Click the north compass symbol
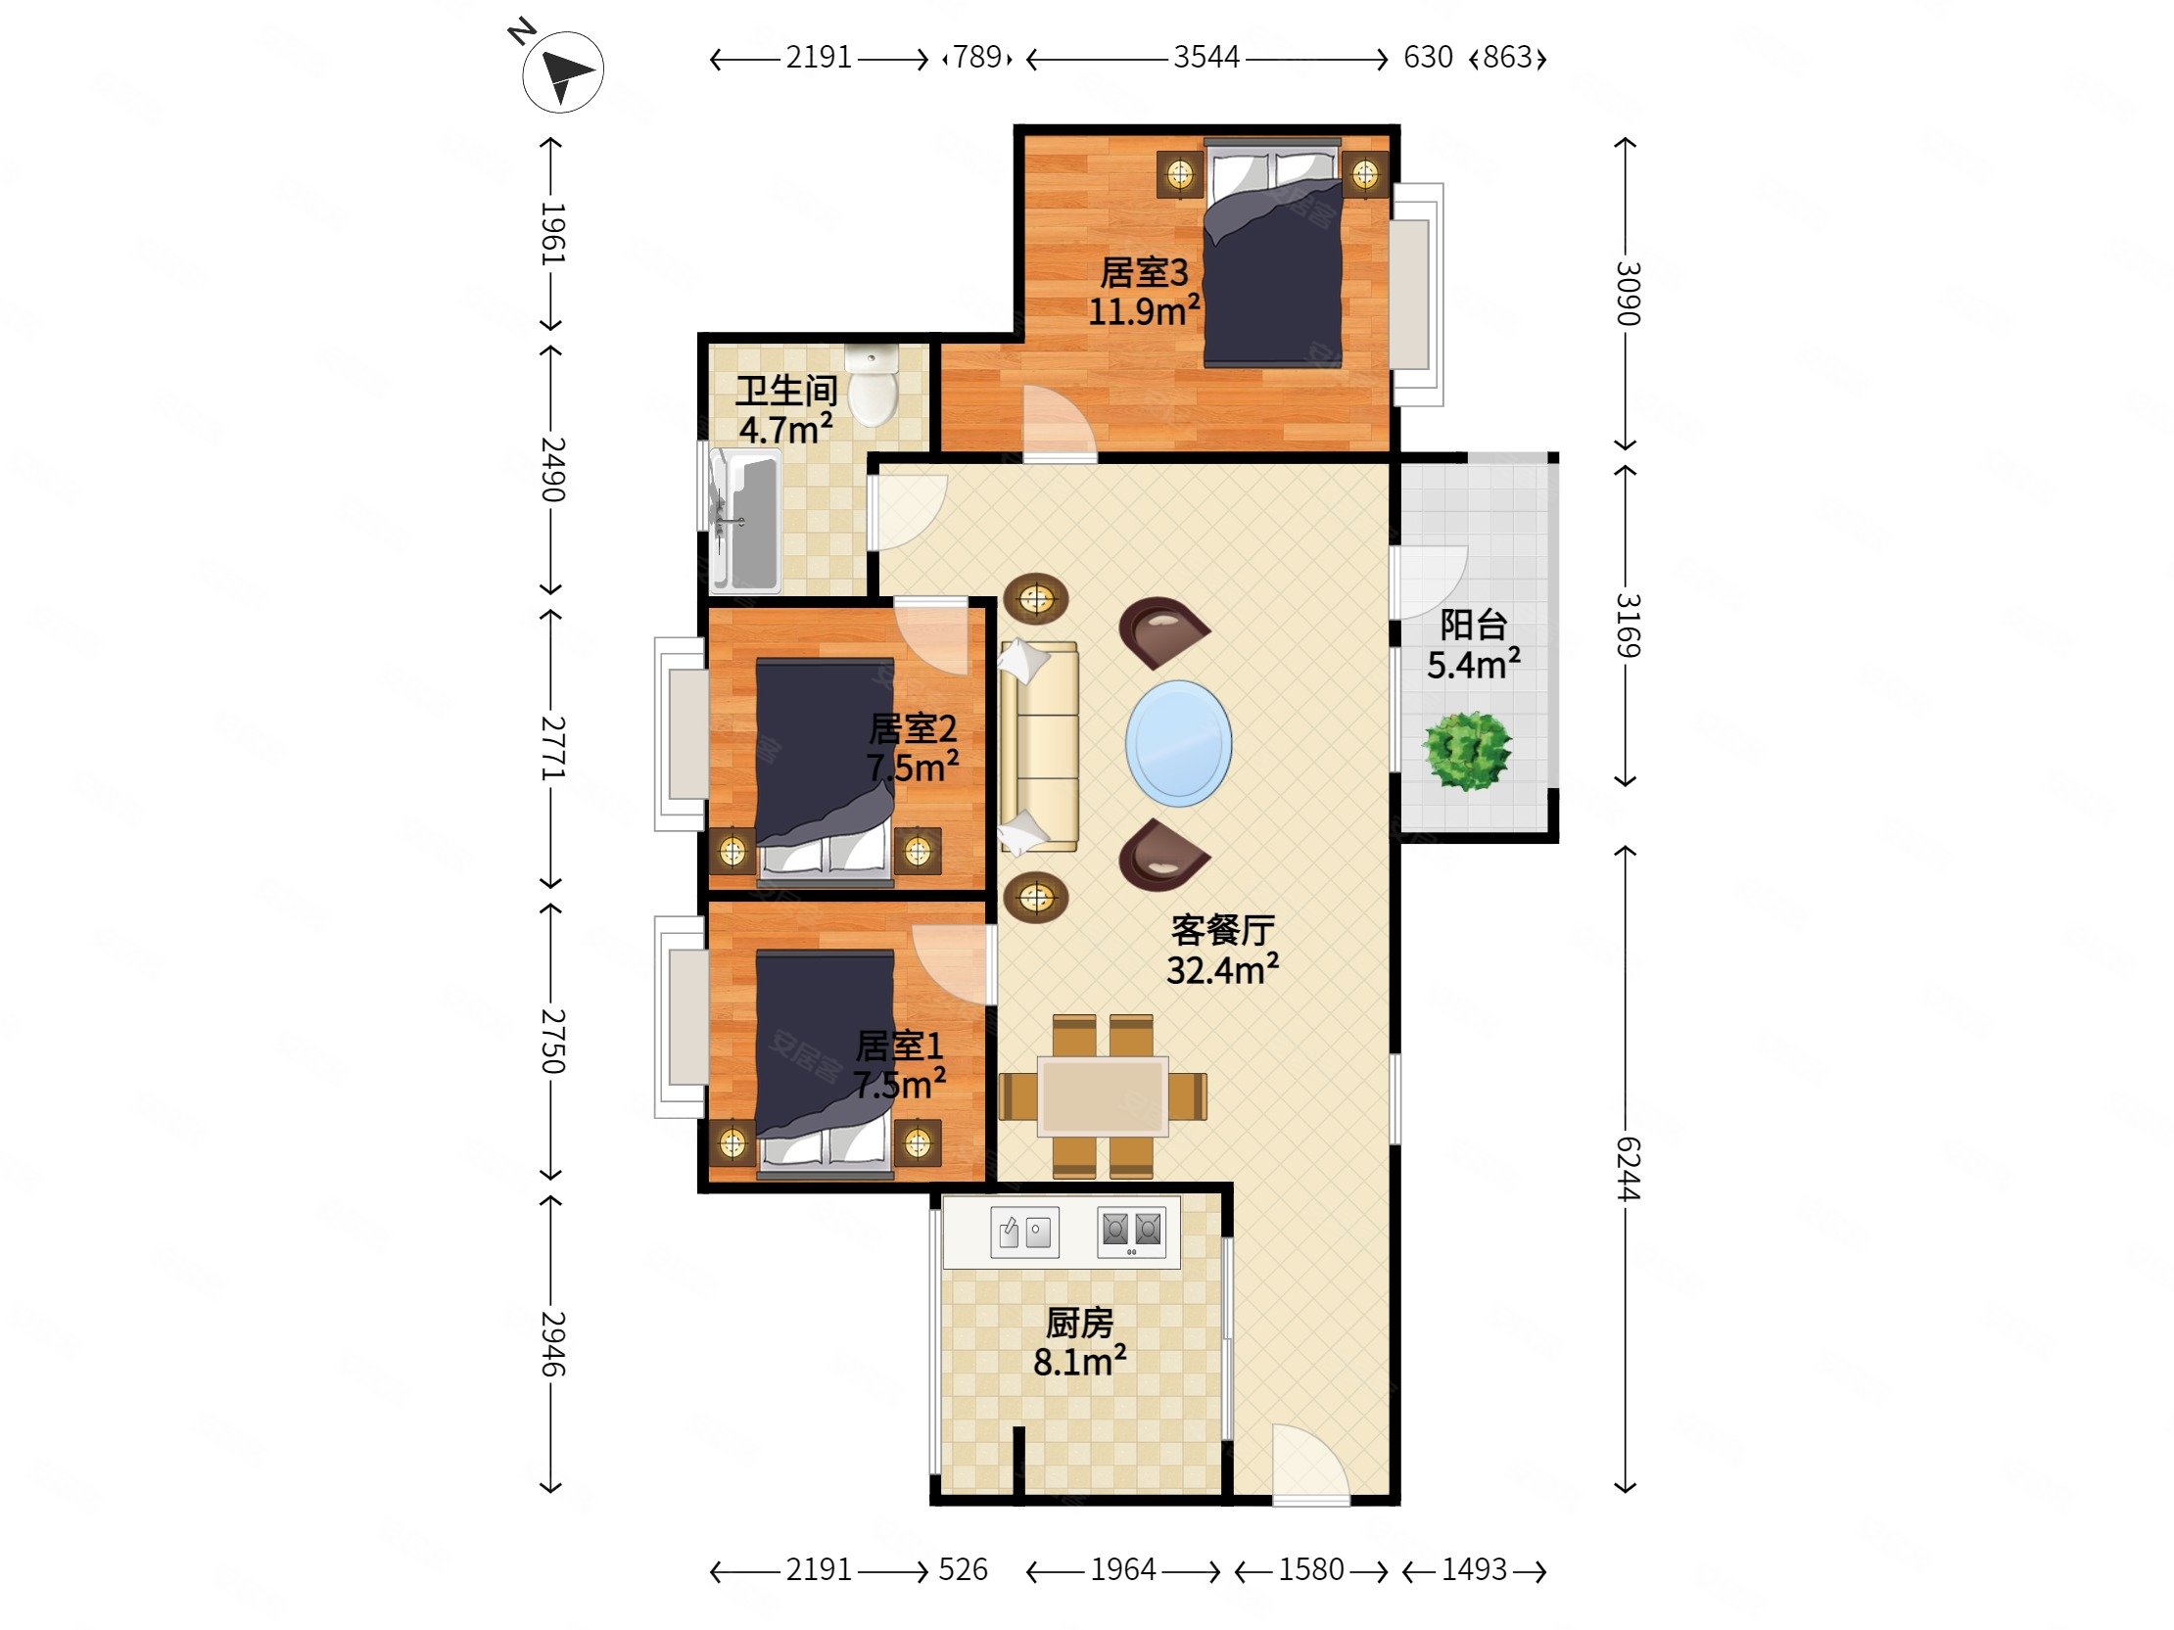[561, 70]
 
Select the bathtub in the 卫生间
[744, 521]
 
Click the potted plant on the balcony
[1468, 751]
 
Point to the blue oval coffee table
[1178, 743]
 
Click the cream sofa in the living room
[1039, 746]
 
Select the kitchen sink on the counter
[1024, 1232]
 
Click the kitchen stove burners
[1131, 1232]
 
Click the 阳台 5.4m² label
[1473, 644]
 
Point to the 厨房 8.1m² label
[1079, 1342]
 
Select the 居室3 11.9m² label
[1144, 292]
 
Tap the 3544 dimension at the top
[1205, 58]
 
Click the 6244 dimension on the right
[1627, 1169]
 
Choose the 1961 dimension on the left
[551, 234]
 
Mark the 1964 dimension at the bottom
[1122, 1569]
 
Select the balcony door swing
[1429, 582]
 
